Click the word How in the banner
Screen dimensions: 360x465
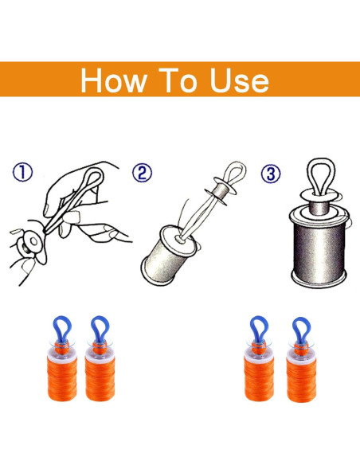(114, 80)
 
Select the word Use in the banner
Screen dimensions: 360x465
(239, 80)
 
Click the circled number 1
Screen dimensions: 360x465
(22, 172)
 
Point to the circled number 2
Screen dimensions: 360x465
(142, 173)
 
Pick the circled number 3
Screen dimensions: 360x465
(271, 174)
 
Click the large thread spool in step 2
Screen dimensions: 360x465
(168, 255)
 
